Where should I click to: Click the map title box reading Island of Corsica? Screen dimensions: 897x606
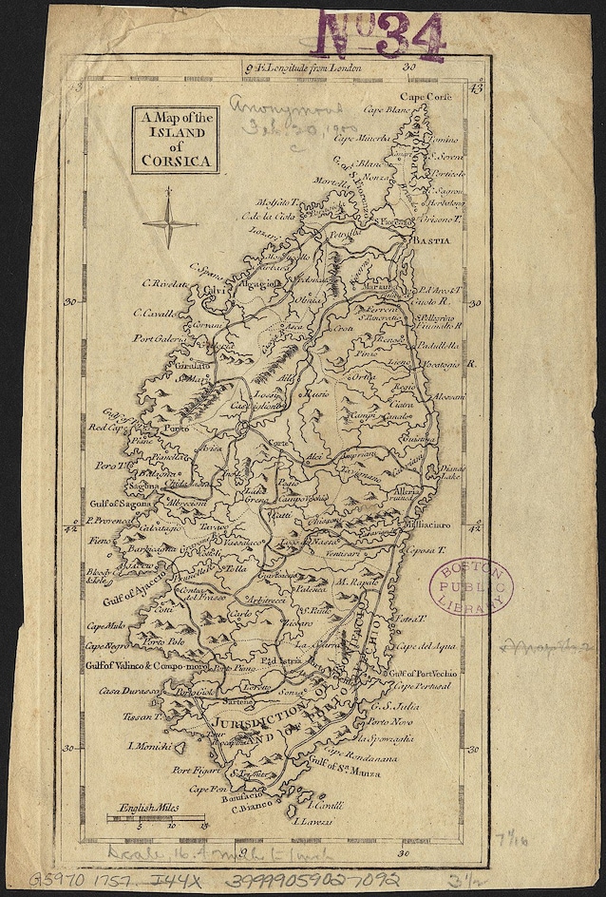[x=176, y=139]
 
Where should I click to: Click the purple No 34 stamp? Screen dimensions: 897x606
[x=381, y=36]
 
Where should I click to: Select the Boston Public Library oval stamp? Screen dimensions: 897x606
[x=471, y=586]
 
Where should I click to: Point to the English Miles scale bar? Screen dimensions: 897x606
[x=158, y=818]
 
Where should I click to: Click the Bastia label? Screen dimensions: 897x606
[x=426, y=242]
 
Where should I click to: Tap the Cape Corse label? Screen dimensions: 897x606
[x=426, y=97]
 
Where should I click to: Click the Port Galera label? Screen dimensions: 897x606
[x=157, y=337]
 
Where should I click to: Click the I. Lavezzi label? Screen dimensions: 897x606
[x=317, y=820]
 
